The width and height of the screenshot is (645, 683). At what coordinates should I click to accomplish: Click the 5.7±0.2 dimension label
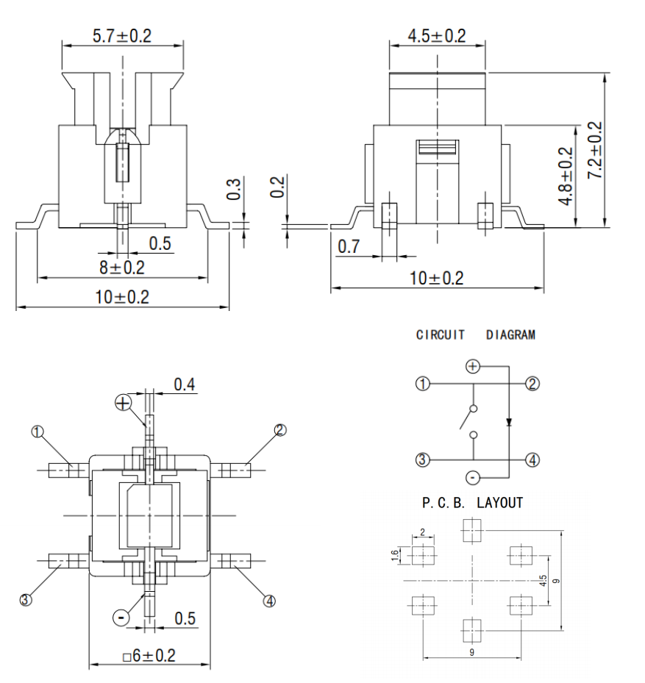[x=122, y=35]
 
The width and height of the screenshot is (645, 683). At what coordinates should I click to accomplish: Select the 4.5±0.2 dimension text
[x=437, y=36]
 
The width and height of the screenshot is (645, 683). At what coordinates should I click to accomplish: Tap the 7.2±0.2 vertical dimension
[x=594, y=150]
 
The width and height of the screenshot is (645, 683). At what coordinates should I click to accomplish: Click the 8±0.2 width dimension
[x=123, y=268]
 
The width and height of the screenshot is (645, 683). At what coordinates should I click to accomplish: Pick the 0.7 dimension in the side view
[x=350, y=247]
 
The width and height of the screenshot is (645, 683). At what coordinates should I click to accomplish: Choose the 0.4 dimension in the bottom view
[x=184, y=384]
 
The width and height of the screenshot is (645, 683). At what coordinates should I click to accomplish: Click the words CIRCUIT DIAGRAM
[x=475, y=335]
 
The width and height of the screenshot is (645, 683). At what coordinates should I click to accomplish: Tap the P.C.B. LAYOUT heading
[x=472, y=503]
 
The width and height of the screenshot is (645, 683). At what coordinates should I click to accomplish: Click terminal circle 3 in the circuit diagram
[x=422, y=460]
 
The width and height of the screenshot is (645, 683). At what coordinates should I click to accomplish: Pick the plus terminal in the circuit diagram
[x=473, y=365]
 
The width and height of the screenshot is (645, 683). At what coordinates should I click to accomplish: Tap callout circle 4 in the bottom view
[x=269, y=600]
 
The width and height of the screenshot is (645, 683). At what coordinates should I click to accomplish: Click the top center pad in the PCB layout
[x=471, y=529]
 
